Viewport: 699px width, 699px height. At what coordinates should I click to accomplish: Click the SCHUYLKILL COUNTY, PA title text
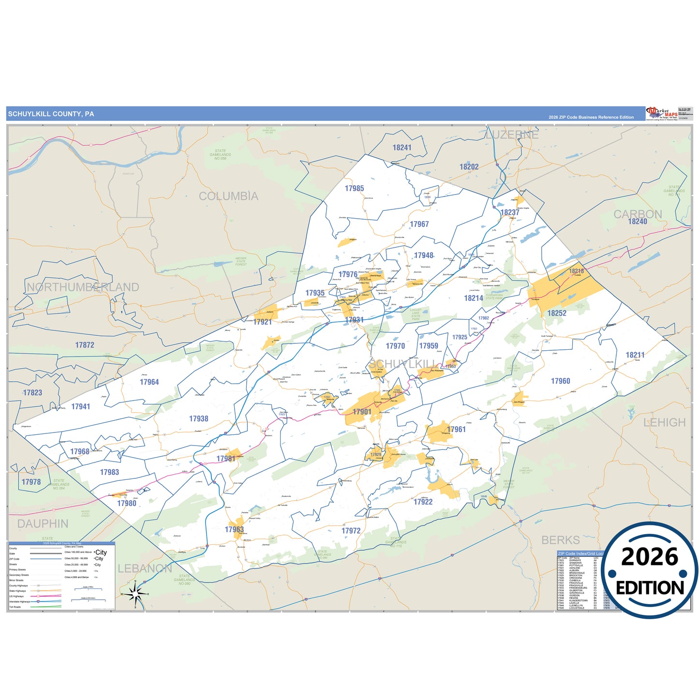click(x=51, y=114)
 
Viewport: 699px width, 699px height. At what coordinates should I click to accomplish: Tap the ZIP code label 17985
click(x=354, y=189)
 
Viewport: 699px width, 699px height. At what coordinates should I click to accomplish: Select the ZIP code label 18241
click(x=402, y=148)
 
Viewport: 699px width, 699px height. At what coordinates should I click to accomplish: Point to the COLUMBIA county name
click(x=228, y=196)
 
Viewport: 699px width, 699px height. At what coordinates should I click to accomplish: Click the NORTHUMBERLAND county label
click(x=83, y=287)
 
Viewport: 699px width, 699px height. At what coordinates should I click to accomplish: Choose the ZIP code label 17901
click(x=362, y=412)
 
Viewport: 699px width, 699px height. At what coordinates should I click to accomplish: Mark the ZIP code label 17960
click(x=560, y=381)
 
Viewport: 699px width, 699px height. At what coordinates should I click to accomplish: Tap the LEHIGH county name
click(x=664, y=423)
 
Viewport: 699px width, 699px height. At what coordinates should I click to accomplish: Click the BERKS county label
click(x=560, y=540)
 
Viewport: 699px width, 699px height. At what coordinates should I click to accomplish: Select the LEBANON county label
click(x=145, y=569)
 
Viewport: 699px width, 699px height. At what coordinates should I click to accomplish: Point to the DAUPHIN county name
click(x=43, y=524)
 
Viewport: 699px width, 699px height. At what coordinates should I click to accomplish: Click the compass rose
click(x=135, y=594)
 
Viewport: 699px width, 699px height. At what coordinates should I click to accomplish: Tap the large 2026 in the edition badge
click(x=649, y=557)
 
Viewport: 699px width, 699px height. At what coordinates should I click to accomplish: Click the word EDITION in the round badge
click(x=649, y=588)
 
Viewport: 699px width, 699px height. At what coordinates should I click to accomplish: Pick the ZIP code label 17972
click(x=351, y=531)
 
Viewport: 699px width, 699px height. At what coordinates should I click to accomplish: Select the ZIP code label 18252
click(x=556, y=313)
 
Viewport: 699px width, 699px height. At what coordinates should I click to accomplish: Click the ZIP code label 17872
click(x=85, y=345)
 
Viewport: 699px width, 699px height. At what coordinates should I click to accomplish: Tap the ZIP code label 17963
click(x=234, y=530)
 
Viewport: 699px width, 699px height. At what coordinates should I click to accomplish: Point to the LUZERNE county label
click(x=512, y=135)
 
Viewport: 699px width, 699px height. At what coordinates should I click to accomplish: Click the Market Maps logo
click(x=662, y=114)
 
